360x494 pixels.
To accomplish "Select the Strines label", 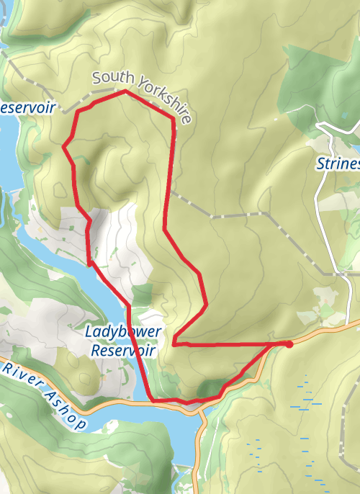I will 338,164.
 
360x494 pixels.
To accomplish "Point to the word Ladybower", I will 122,333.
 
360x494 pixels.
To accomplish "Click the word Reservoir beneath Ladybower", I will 124,351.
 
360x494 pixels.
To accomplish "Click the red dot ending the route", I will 289,344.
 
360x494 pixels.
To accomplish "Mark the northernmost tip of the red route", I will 126,91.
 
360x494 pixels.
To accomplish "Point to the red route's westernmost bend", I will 64,147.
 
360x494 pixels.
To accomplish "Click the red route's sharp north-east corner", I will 174,118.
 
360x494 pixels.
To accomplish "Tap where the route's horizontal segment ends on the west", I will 174,344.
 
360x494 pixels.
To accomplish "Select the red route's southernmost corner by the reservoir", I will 152,399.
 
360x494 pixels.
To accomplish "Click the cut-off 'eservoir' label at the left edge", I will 27,107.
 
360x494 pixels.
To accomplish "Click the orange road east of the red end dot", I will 328,329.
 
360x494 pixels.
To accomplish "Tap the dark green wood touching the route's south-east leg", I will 208,390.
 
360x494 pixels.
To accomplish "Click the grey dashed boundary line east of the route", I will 230,215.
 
